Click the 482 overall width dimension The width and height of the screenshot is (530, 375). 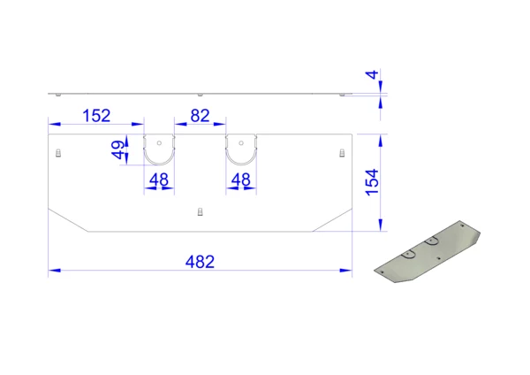point(200,262)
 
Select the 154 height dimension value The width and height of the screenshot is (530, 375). point(372,182)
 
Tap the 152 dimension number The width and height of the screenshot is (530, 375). point(96,116)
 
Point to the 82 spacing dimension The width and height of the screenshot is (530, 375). point(200,116)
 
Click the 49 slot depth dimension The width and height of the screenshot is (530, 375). point(117,150)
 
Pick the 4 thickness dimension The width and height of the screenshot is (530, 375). point(372,75)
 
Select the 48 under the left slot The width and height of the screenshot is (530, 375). point(159,180)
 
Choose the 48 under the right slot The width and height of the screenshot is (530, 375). point(240,180)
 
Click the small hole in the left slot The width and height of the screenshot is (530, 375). point(159,143)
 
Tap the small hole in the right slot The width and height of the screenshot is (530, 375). point(241,143)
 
